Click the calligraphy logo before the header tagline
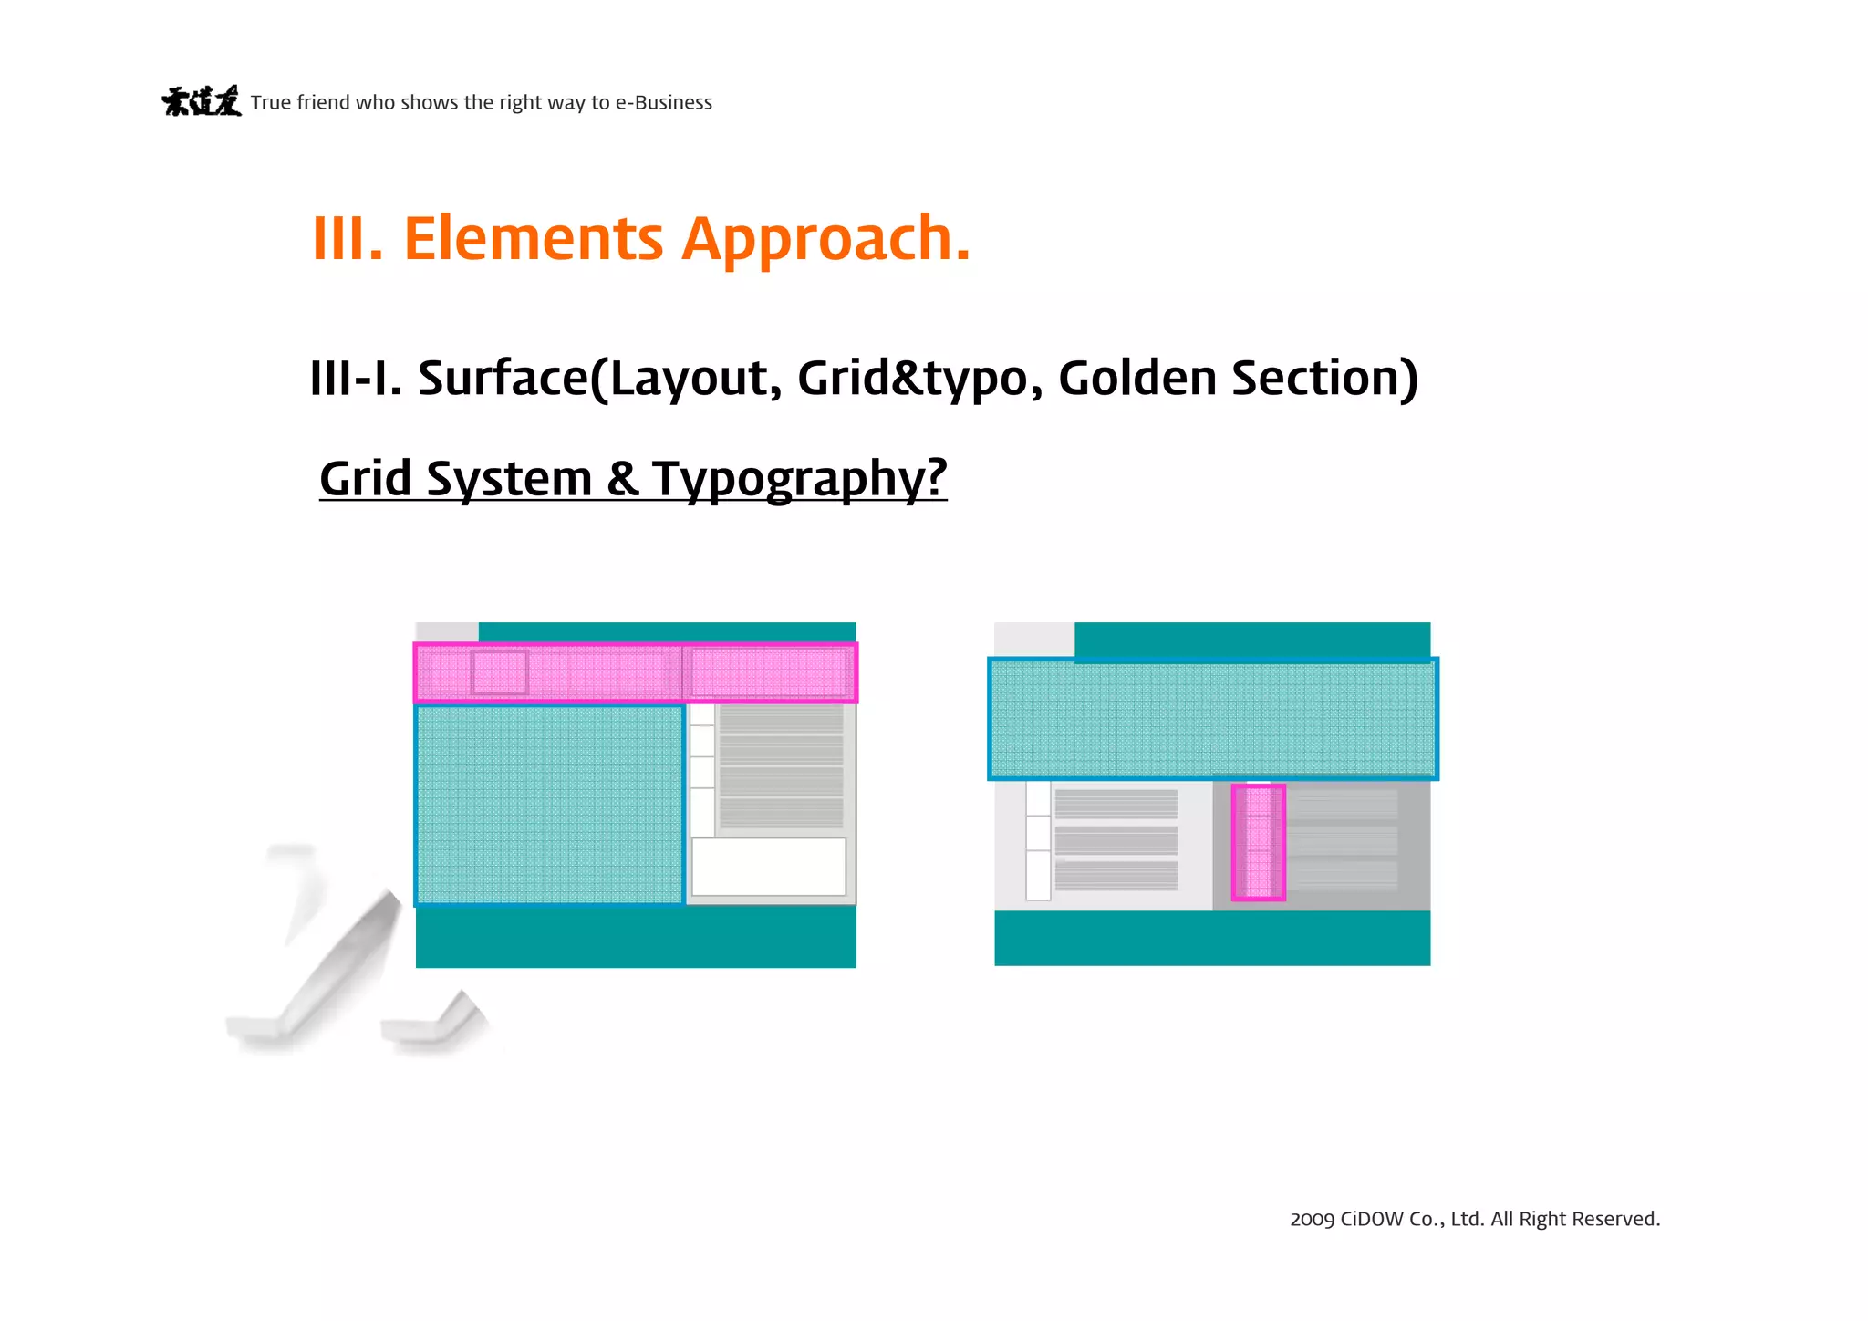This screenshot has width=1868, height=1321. point(202,101)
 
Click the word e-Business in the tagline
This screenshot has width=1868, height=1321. point(663,102)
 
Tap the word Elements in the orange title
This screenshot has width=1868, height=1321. point(533,238)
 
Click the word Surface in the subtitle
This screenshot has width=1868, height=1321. point(503,378)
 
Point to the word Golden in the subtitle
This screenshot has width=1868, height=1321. point(1136,378)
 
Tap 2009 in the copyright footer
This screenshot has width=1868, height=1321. point(1312,1220)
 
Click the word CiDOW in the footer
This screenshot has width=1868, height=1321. point(1372,1220)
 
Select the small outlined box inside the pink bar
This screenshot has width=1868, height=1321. point(500,672)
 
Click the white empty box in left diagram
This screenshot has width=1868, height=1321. point(769,867)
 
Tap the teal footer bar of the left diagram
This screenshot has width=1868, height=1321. point(636,938)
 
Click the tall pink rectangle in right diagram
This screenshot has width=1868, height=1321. point(1259,842)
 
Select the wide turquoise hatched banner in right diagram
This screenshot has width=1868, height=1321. point(1212,719)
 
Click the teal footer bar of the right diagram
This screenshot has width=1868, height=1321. point(1212,939)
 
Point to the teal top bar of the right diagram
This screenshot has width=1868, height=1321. point(1251,640)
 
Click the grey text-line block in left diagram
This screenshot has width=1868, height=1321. point(781,767)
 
